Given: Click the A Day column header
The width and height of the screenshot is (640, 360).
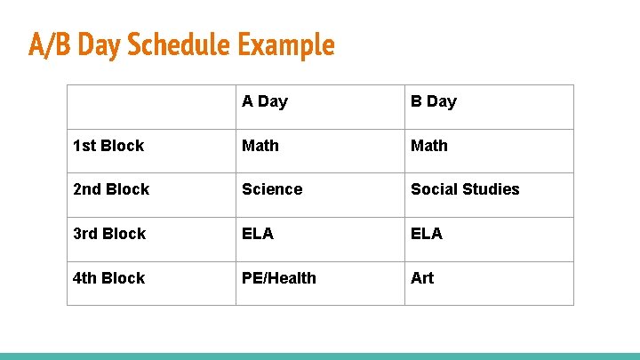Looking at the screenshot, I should pyautogui.click(x=265, y=101).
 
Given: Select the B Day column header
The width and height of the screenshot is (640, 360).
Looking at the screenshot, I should pyautogui.click(x=433, y=101).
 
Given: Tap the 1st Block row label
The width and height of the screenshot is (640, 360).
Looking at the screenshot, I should pyautogui.click(x=108, y=146).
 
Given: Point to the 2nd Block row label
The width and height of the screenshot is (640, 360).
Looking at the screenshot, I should pyautogui.click(x=111, y=189).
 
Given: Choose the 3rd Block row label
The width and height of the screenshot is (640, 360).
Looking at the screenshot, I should pyautogui.click(x=109, y=234).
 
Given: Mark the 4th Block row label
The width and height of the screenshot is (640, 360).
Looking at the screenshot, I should pyautogui.click(x=108, y=278).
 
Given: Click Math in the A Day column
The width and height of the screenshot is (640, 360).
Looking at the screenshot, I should pyautogui.click(x=260, y=146).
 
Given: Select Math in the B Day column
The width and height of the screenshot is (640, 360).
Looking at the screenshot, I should pyautogui.click(x=429, y=146).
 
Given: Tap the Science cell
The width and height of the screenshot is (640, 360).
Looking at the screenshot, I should pyautogui.click(x=272, y=189).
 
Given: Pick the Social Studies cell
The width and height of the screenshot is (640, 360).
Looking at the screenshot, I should pyautogui.click(x=465, y=189).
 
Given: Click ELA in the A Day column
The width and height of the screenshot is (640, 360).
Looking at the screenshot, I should pyautogui.click(x=258, y=234).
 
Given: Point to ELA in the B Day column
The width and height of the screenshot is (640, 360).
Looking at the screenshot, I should pyautogui.click(x=427, y=234).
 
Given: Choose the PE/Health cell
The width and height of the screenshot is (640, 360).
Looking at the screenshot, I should pyautogui.click(x=279, y=278).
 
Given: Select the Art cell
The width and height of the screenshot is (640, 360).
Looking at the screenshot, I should pyautogui.click(x=422, y=278).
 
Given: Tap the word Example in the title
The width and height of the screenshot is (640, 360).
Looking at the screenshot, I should pyautogui.click(x=286, y=44).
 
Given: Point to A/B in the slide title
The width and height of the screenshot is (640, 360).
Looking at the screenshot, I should pyautogui.click(x=50, y=44).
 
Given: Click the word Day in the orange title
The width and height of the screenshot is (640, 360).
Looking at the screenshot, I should pyautogui.click(x=100, y=44).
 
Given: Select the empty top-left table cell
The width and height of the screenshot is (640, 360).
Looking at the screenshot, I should pyautogui.click(x=151, y=107).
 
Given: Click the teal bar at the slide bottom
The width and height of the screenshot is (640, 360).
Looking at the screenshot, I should pyautogui.click(x=320, y=356).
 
